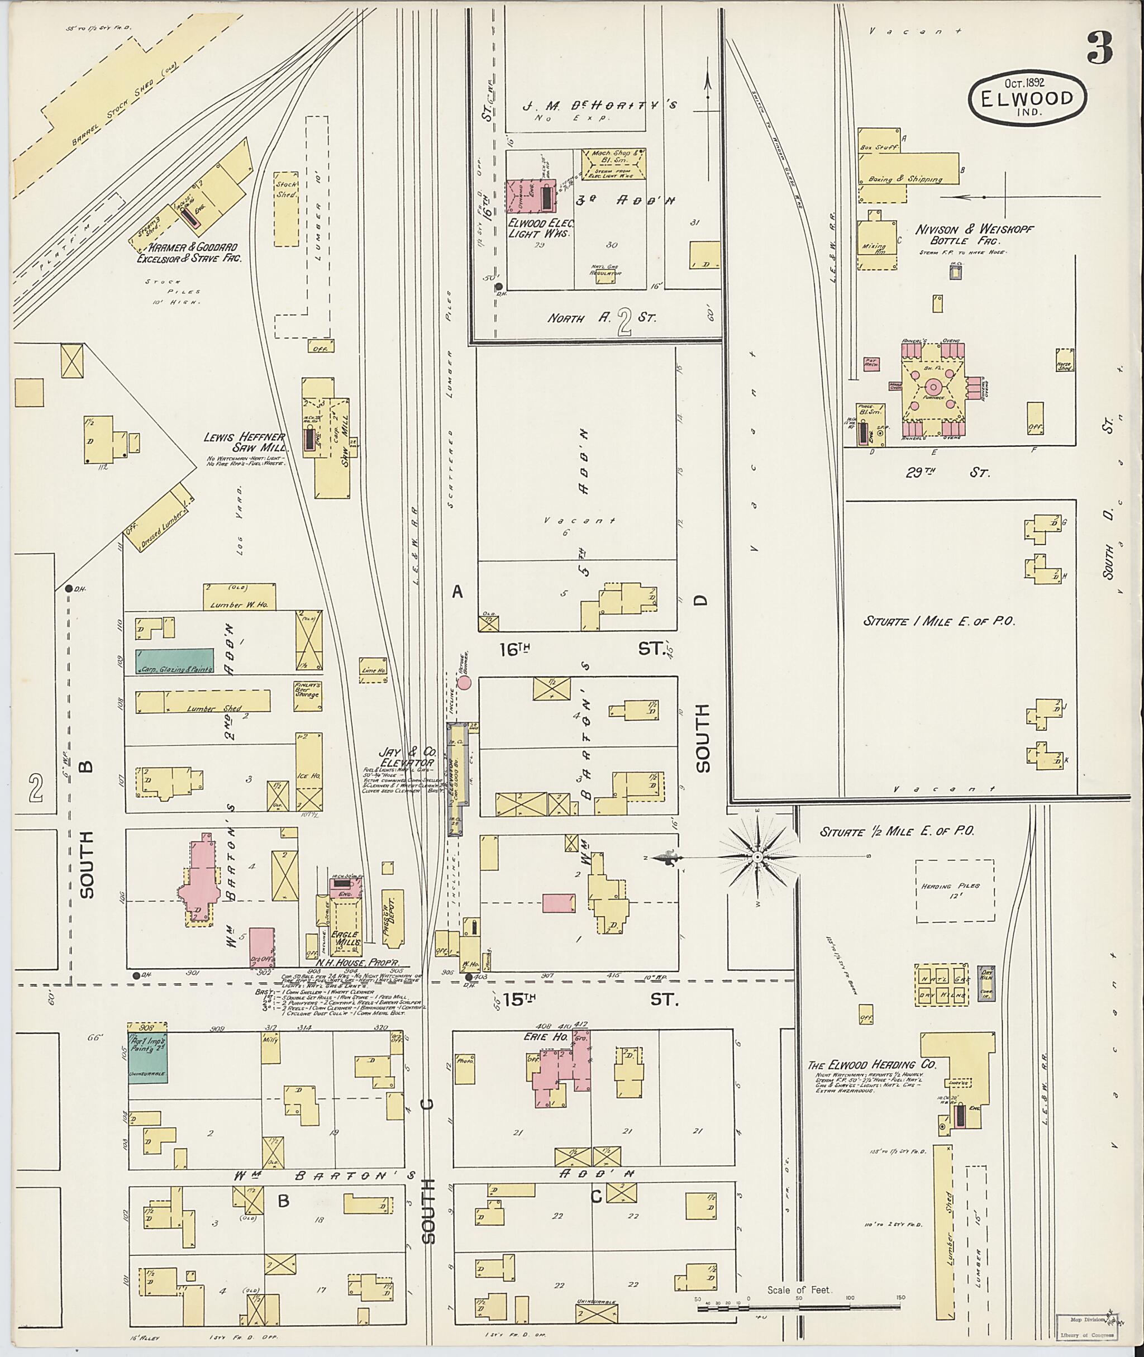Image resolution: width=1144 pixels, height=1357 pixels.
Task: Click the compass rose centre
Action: click(x=757, y=858)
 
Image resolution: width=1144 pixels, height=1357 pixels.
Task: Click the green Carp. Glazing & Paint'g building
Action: click(x=174, y=660)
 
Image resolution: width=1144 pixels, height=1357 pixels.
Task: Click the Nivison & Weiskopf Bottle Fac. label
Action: click(x=974, y=235)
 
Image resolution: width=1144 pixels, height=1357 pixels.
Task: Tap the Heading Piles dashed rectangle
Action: click(x=954, y=891)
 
